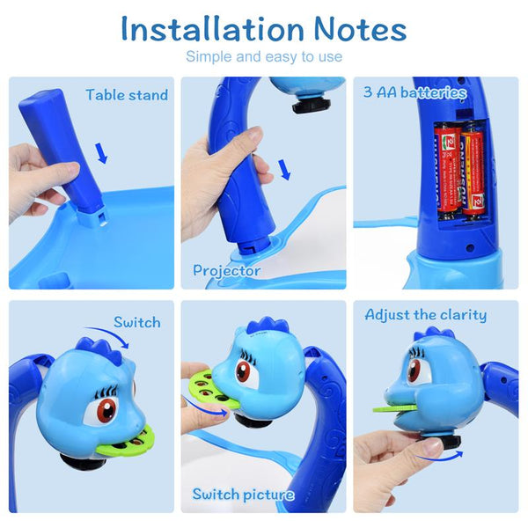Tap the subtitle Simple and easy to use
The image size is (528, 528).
(263, 57)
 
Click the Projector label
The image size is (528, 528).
(227, 271)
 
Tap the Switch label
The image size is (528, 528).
(136, 323)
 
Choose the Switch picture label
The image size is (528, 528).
(243, 495)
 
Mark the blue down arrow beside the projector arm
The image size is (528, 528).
(282, 168)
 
